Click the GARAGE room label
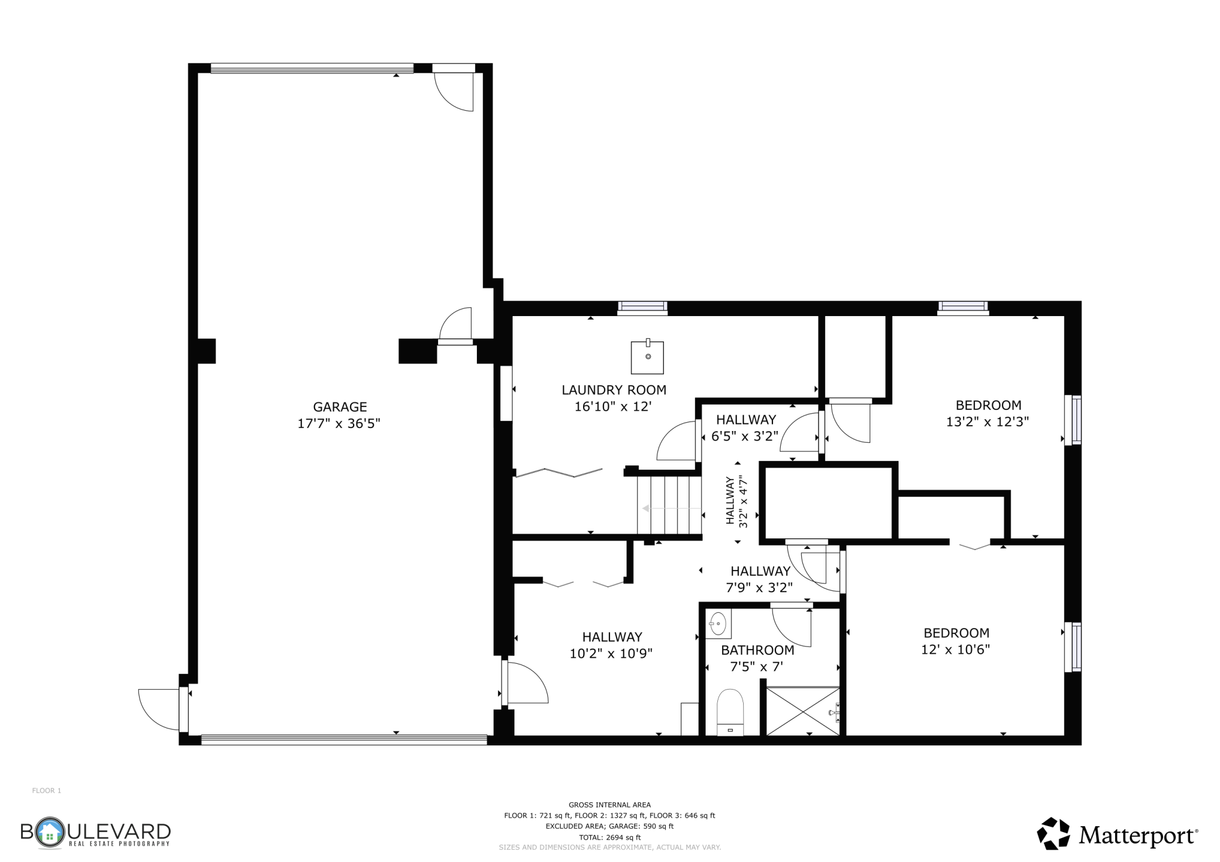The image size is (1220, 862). [x=340, y=406]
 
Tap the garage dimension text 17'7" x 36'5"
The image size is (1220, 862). [x=339, y=423]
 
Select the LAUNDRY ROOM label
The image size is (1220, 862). [x=614, y=390]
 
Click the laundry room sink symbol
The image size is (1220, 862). [x=648, y=357]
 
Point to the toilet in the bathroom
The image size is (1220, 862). [x=730, y=712]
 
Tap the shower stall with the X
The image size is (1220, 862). [x=803, y=710]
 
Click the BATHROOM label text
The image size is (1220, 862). [x=757, y=650]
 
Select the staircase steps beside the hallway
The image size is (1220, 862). [x=670, y=504]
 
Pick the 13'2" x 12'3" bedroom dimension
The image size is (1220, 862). [x=988, y=422]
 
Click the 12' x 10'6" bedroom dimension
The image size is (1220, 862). [x=956, y=649]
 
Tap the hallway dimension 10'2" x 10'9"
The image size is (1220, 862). [x=611, y=653]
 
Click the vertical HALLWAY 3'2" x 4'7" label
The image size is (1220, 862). [x=737, y=501]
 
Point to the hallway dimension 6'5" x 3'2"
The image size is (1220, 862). [x=745, y=436]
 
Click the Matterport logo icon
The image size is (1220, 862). [x=1054, y=833]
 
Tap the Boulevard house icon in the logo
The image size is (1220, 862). [x=50, y=833]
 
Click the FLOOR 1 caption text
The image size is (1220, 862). [x=46, y=790]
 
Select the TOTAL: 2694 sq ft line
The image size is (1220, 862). [x=610, y=837]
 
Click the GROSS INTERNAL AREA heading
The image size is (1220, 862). [x=610, y=805]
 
